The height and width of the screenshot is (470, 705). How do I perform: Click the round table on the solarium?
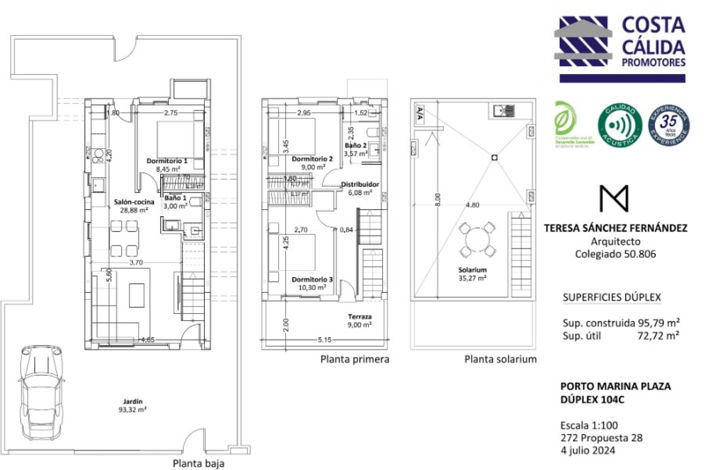(474, 237)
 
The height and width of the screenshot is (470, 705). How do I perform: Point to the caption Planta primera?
(354, 358)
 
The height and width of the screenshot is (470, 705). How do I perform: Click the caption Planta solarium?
(501, 358)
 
